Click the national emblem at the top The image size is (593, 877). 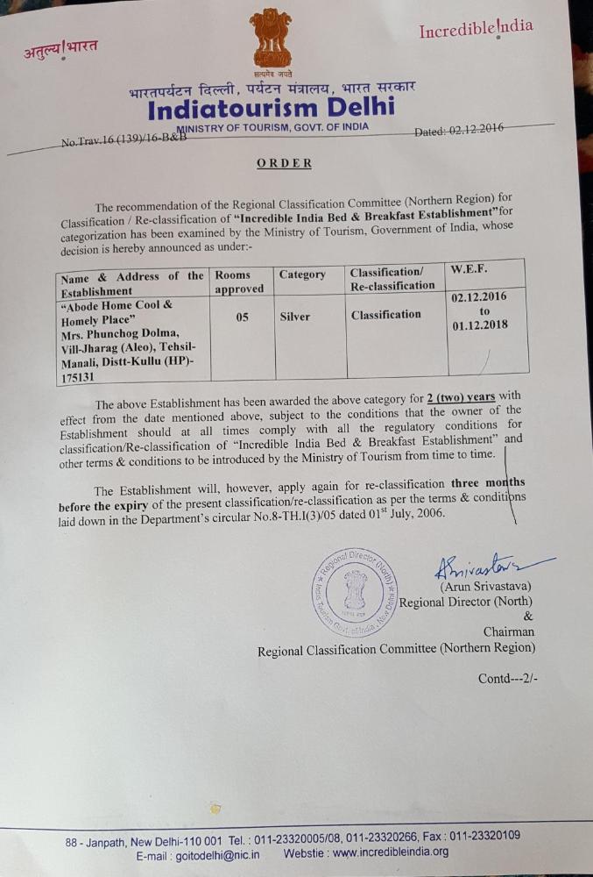click(x=271, y=39)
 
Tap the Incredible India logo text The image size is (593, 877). click(x=475, y=29)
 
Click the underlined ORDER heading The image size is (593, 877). click(x=284, y=163)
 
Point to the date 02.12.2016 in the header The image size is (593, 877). click(x=472, y=129)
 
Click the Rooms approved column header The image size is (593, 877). click(x=239, y=282)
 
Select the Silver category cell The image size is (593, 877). click(x=294, y=317)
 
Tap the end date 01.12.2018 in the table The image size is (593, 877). click(x=480, y=325)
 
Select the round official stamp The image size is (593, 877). click(x=355, y=592)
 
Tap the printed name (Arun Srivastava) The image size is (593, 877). click(x=485, y=586)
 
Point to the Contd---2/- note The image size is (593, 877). click(x=508, y=678)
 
